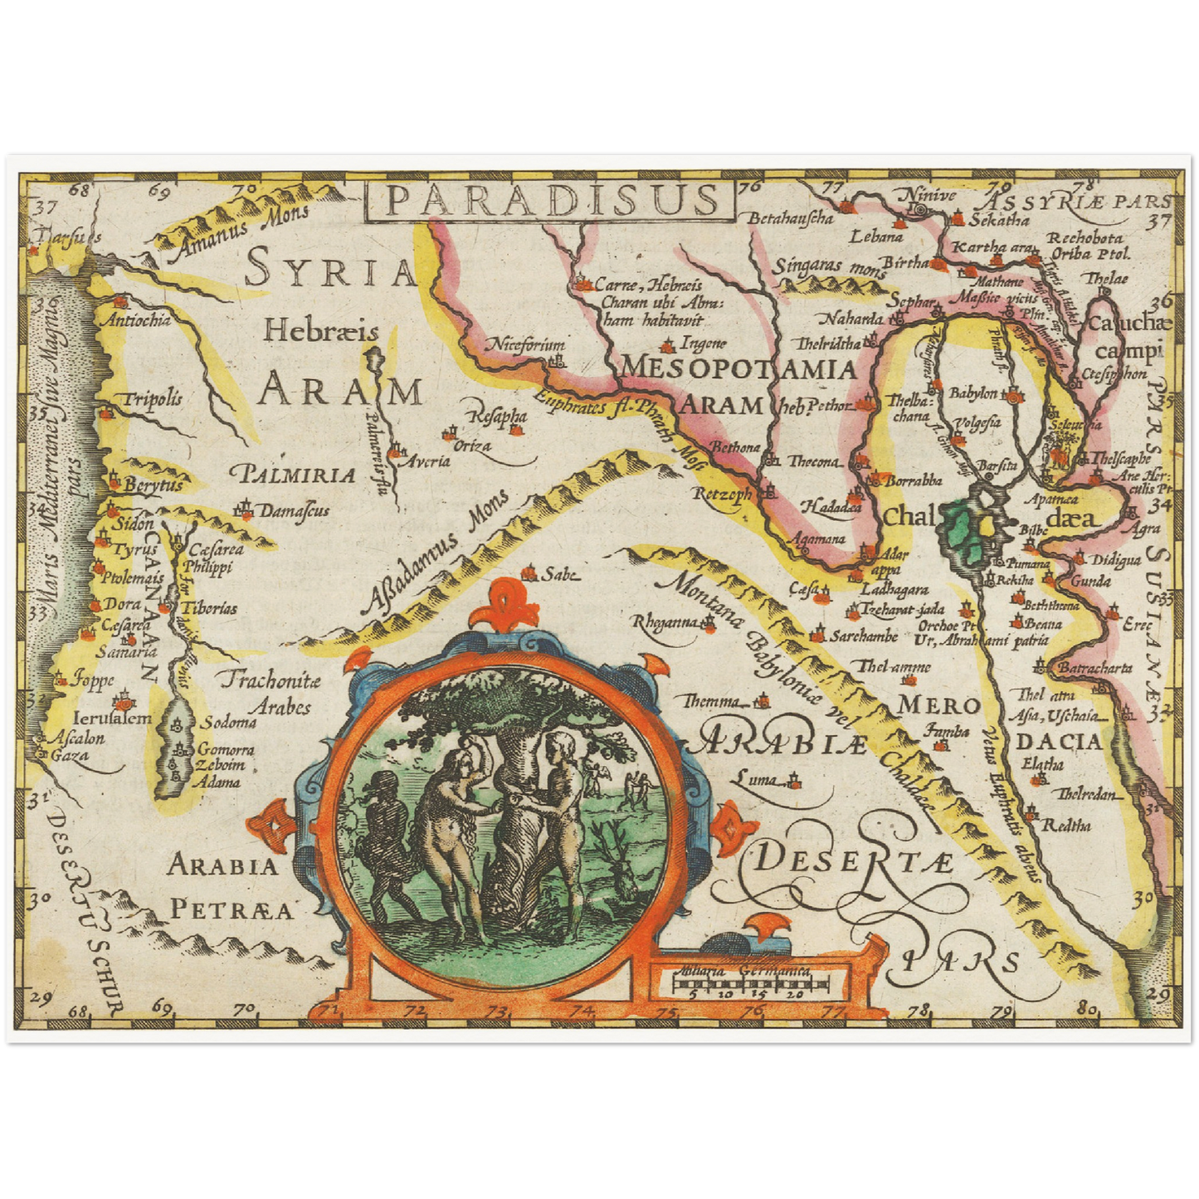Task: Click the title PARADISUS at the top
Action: pyautogui.click(x=551, y=201)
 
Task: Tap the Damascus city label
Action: pyautogui.click(x=294, y=511)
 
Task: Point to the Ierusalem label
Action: pyautogui.click(x=112, y=718)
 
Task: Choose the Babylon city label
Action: pyautogui.click(x=972, y=392)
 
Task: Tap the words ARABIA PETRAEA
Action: pyautogui.click(x=228, y=888)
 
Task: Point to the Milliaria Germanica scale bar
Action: pyautogui.click(x=751, y=984)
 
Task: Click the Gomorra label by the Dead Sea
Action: pyautogui.click(x=225, y=750)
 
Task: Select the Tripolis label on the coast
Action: pyautogui.click(x=152, y=399)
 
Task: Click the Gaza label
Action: pyautogui.click(x=70, y=756)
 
